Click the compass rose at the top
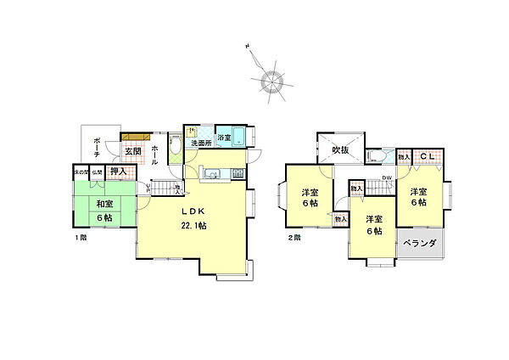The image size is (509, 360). coord(271,81)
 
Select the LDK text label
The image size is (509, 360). coord(189,211)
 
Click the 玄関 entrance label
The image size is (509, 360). coord(134,151)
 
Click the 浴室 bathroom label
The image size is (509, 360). coord(224,138)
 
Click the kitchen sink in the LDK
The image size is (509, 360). coord(211,176)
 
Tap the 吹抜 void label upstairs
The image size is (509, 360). coord(341,149)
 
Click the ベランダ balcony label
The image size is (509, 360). coord(420,244)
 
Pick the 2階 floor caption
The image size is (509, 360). coord(293,238)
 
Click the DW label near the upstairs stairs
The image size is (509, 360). coord(386,177)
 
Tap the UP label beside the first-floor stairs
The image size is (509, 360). coord(149,188)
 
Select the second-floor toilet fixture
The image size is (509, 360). coord(376,155)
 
